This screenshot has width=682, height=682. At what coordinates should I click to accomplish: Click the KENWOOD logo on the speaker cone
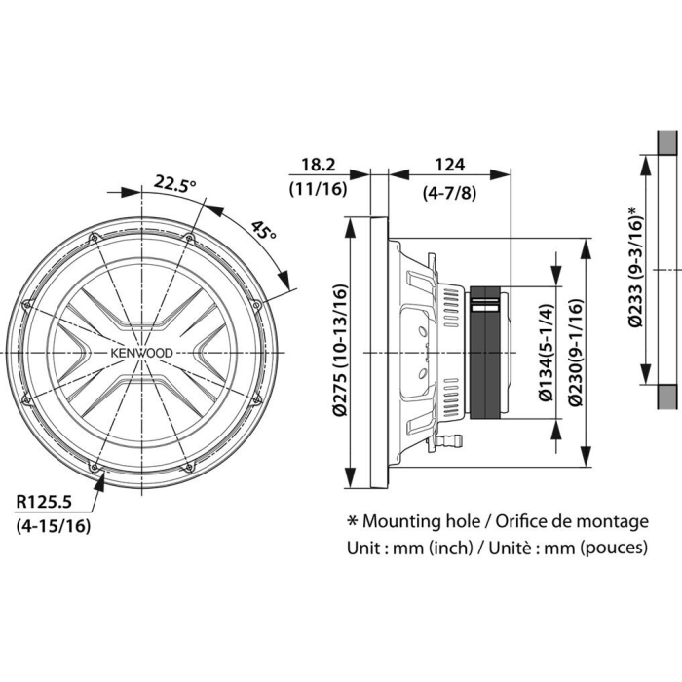(x=141, y=353)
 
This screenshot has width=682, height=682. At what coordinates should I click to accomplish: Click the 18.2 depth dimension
(x=317, y=165)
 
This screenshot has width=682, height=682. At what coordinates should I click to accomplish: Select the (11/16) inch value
(x=317, y=189)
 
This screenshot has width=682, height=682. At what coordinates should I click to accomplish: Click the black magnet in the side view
(x=487, y=352)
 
